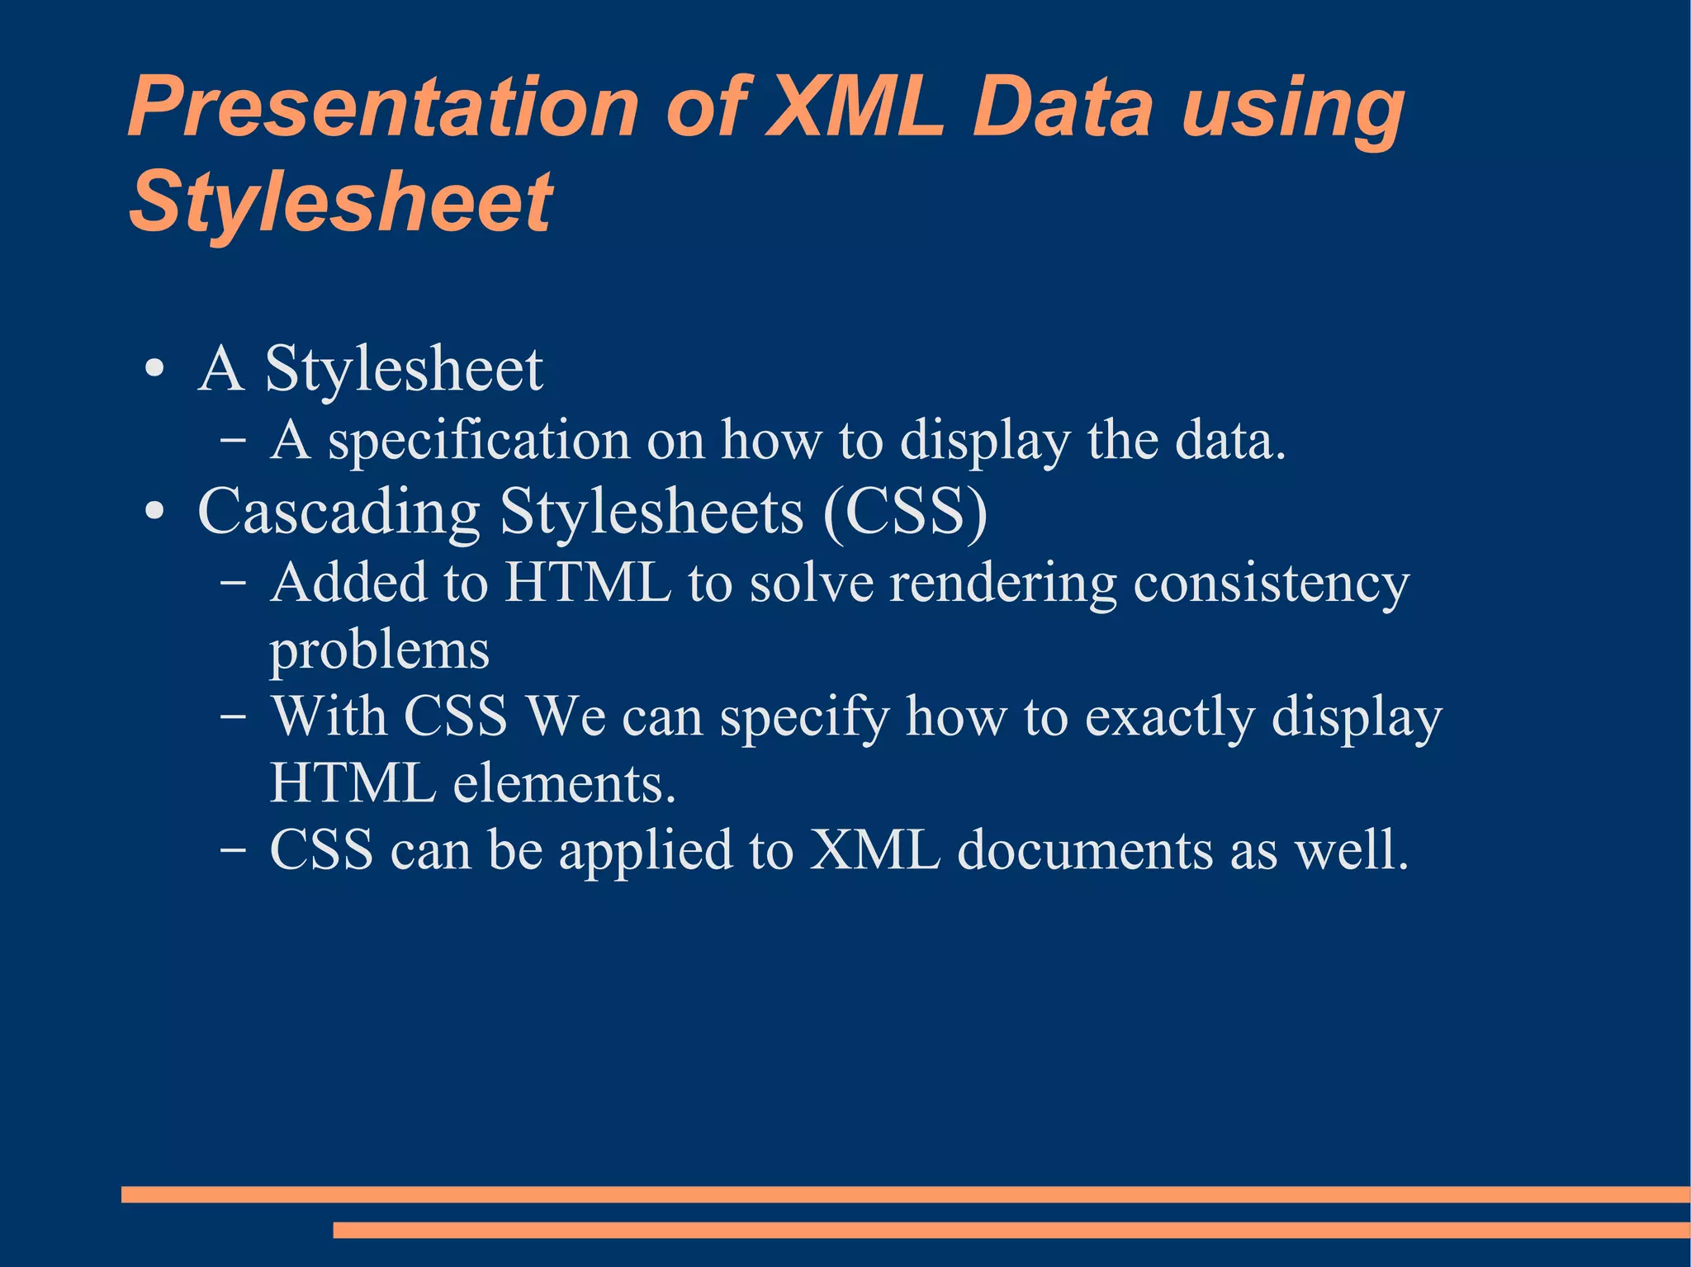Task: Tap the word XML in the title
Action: (x=854, y=108)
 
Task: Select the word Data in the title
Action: (x=1063, y=108)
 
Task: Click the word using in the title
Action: (x=1293, y=111)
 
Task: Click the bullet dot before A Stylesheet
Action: (x=154, y=369)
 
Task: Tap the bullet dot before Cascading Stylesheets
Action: (x=154, y=512)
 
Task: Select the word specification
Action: (x=479, y=442)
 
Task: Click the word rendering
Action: (x=1003, y=583)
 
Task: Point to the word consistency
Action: (x=1272, y=584)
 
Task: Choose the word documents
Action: (x=1085, y=849)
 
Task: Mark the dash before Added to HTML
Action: (x=233, y=583)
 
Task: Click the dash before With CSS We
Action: (x=233, y=716)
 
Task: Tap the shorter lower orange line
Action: (x=1011, y=1230)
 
